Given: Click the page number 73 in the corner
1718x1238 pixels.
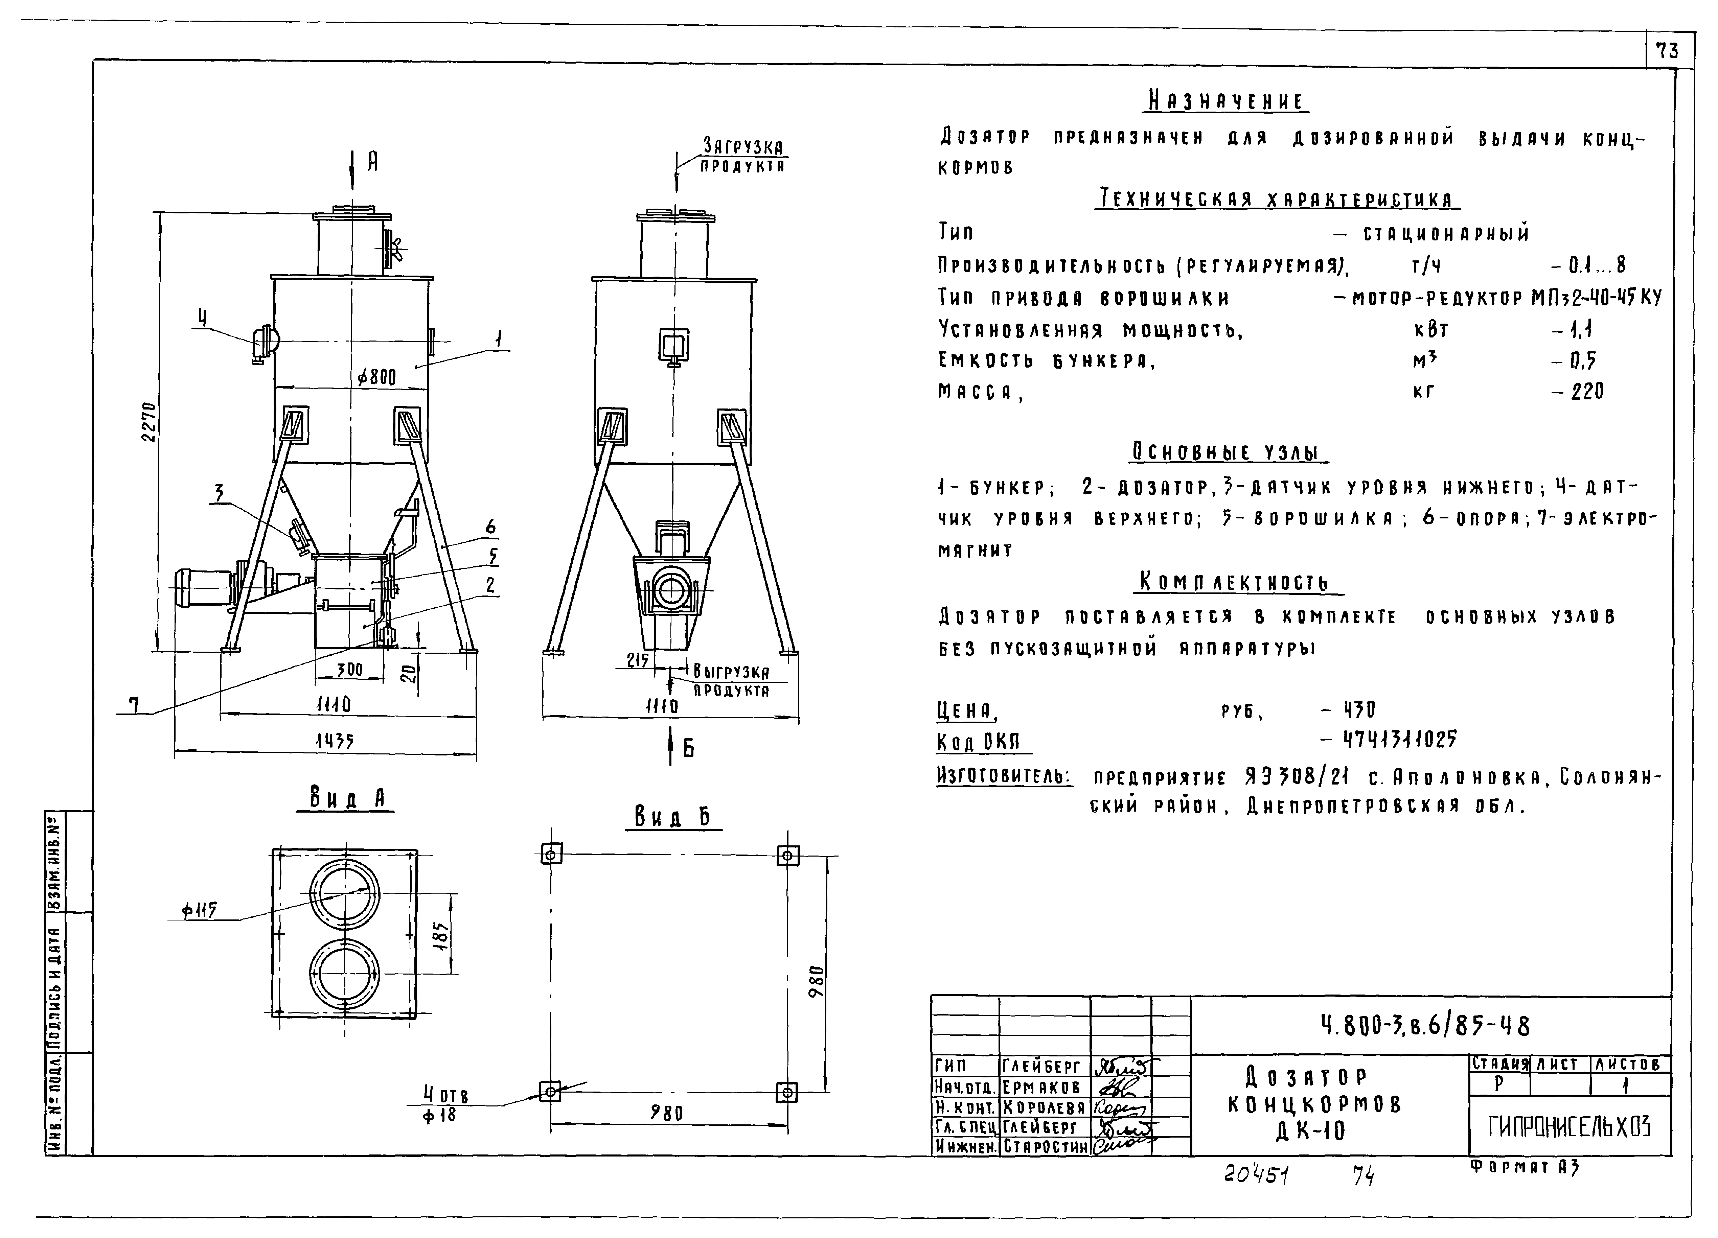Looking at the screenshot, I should pos(1667,51).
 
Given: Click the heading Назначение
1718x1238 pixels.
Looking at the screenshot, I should pos(1227,101).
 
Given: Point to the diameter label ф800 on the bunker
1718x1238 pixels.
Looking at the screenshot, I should pos(376,376).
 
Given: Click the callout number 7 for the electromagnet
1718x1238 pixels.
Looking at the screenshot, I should pos(133,706).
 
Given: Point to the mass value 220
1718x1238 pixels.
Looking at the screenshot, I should pos(1587,392).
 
